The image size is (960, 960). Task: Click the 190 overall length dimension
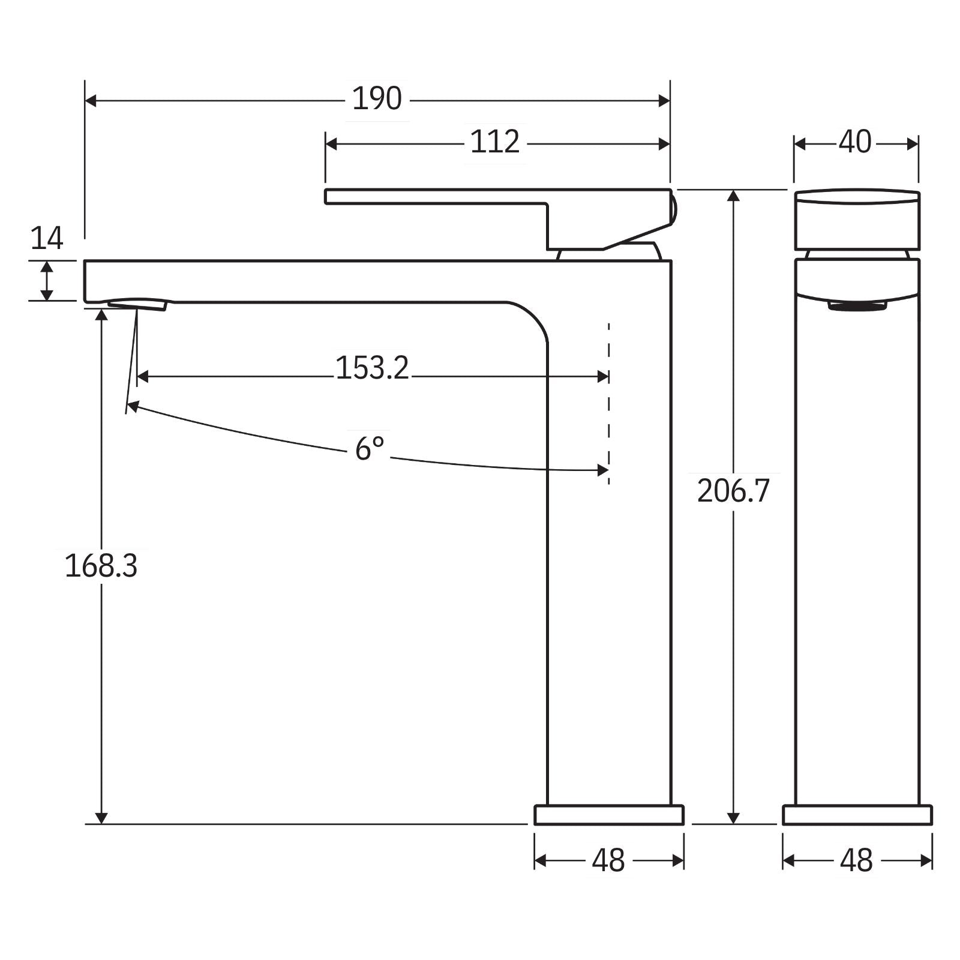(376, 99)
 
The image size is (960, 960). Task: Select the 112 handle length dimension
(494, 143)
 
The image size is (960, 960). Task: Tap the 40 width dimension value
(854, 143)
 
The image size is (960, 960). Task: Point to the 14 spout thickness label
(46, 239)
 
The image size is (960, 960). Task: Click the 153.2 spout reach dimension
(372, 368)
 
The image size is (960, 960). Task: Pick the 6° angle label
(369, 448)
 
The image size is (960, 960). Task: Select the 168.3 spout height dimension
(101, 566)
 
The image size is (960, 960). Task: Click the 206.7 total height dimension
(733, 491)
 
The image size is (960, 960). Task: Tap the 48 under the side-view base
(608, 861)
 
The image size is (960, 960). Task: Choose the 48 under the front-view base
(856, 861)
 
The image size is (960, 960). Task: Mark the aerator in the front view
(857, 306)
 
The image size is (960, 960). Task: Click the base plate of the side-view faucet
(608, 815)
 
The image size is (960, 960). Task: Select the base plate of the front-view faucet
(857, 815)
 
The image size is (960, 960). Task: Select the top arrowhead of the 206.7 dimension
(733, 196)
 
